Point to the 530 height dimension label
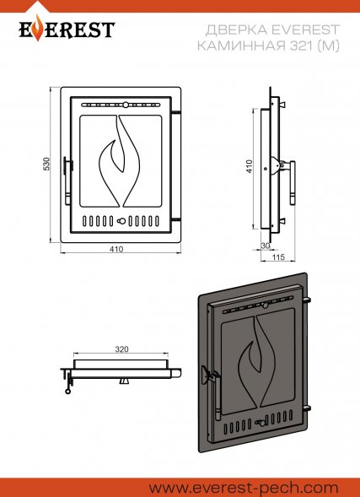click(46, 164)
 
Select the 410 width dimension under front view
click(116, 249)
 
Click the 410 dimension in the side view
click(250, 166)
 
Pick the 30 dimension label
click(266, 246)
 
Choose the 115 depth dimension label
click(278, 257)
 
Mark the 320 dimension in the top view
click(121, 349)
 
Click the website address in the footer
click(244, 488)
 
